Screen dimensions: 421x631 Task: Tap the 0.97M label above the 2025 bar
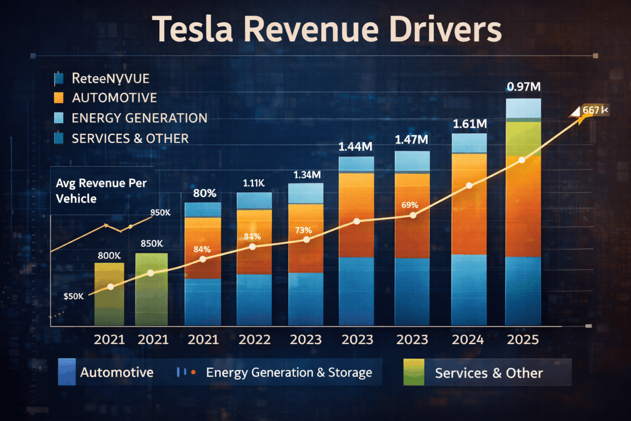tap(524, 87)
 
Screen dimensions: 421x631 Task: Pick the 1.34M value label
tap(307, 175)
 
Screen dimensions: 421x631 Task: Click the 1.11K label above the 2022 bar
tap(254, 183)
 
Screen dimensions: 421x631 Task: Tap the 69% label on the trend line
tap(410, 205)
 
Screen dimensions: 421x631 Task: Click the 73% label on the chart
tap(303, 230)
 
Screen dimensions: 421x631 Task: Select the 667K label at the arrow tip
tap(596, 110)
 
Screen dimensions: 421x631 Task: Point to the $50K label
tap(74, 296)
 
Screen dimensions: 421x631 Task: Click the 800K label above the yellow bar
tap(109, 256)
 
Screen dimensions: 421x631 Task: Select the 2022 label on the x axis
tap(254, 340)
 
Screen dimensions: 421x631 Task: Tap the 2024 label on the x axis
tap(469, 340)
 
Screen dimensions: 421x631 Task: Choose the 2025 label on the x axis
tap(523, 340)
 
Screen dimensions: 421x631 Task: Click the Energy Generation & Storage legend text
tap(289, 373)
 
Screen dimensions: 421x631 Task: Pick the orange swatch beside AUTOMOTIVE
tap(59, 98)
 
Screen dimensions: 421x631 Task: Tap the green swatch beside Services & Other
tap(414, 372)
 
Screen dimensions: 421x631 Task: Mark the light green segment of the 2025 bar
tap(524, 139)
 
